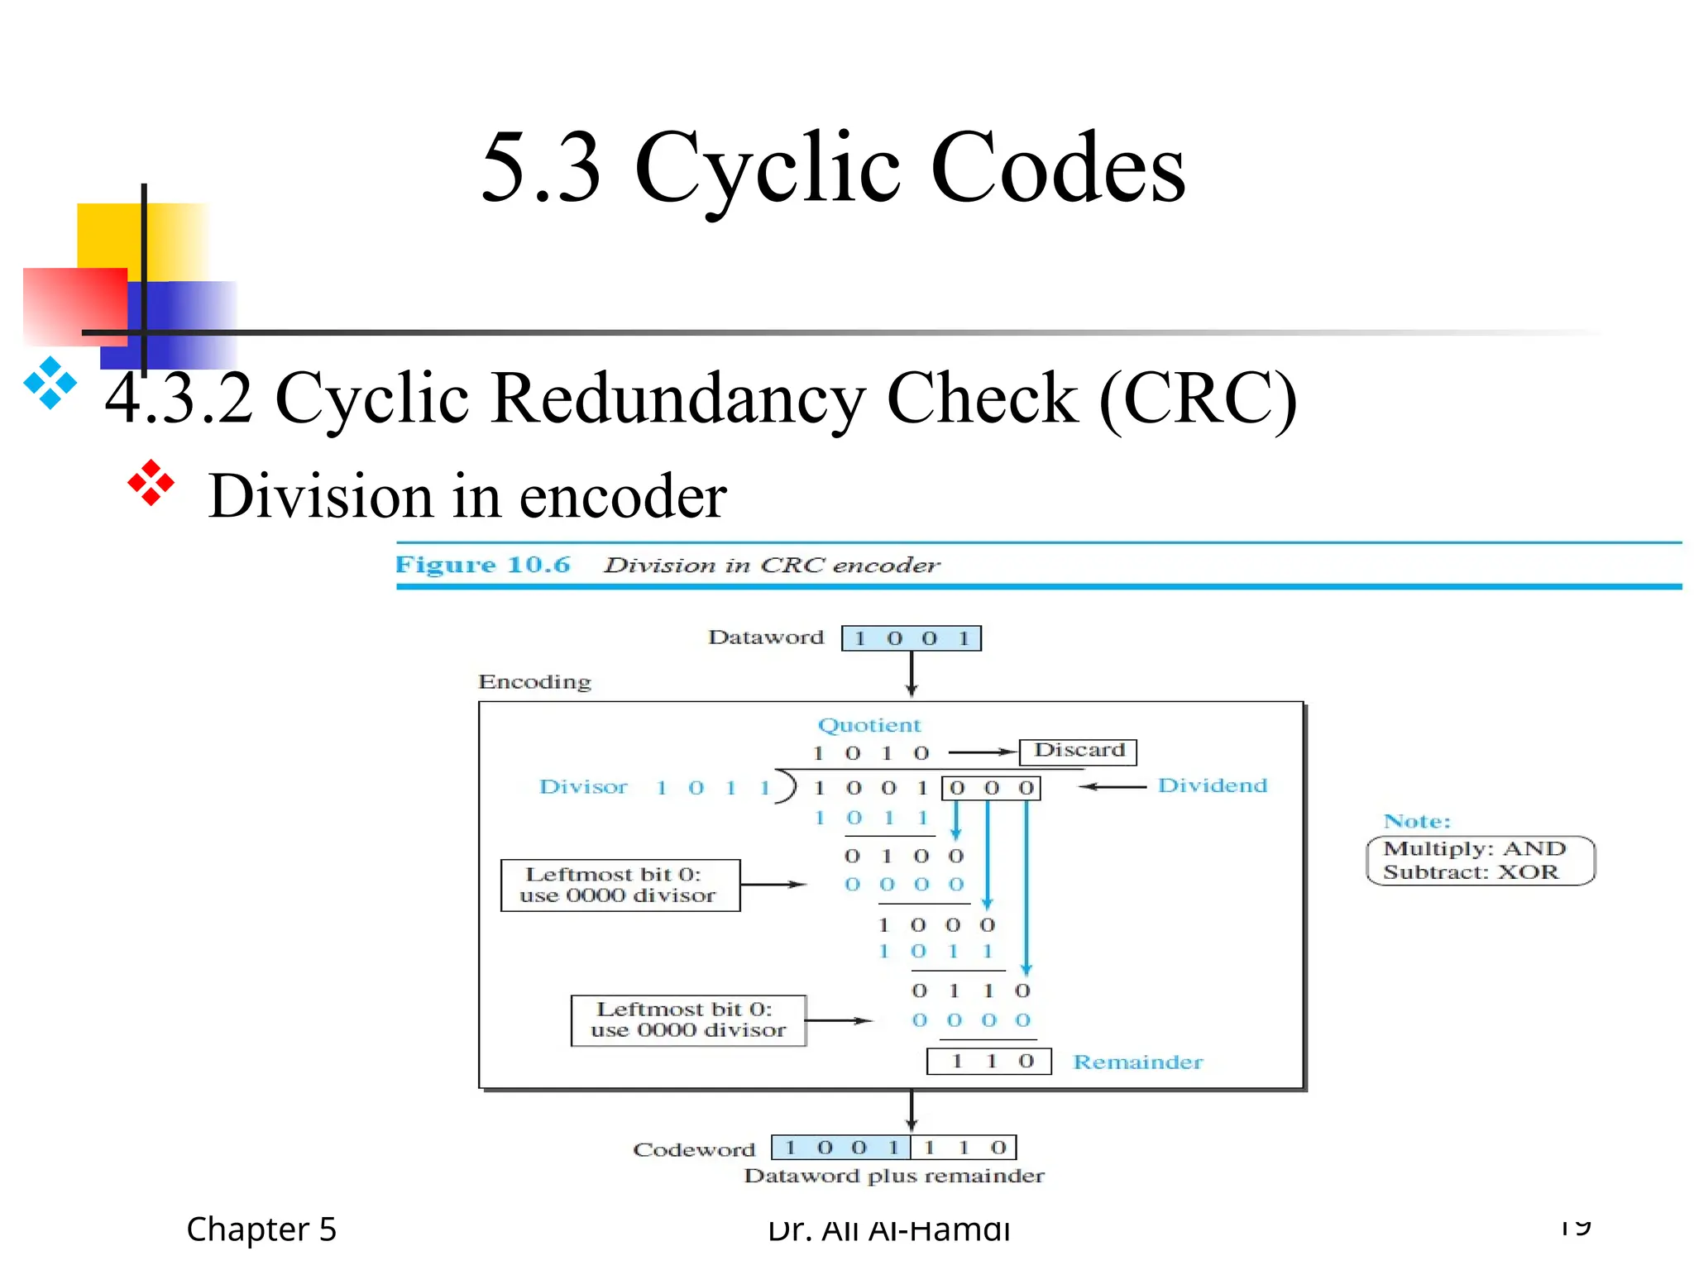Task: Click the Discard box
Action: pos(1078,752)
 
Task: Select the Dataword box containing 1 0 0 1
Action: pos(911,638)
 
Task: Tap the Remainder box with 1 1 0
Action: pos(988,1061)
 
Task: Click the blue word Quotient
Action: pos(869,725)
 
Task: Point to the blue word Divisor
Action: pos(583,787)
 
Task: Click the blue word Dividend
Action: pos(1212,785)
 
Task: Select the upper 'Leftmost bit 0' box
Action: pos(620,886)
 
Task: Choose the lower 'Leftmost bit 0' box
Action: pos(687,1020)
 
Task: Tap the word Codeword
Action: pos(694,1150)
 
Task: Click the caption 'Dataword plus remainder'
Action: pos(893,1176)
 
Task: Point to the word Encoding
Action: pos(534,682)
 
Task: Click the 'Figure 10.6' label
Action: pos(482,565)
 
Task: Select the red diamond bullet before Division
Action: pos(151,483)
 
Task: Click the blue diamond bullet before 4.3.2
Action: pos(50,383)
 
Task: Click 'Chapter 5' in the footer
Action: pos(261,1229)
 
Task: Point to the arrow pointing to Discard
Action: pos(982,752)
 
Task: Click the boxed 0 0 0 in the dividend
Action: pos(991,788)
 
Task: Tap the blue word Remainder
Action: pos(1137,1062)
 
